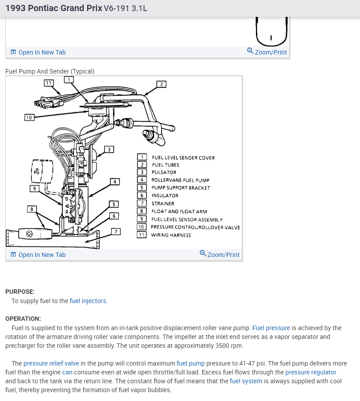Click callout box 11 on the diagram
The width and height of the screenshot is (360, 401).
tap(49, 83)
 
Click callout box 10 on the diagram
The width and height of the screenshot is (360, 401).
tap(29, 117)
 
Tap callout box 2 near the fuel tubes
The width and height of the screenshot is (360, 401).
tap(162, 84)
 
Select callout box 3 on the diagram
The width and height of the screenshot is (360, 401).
tap(109, 149)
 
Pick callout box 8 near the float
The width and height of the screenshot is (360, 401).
tap(31, 209)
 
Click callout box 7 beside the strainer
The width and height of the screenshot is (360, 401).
tap(115, 231)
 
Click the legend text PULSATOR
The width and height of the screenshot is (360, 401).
tap(164, 172)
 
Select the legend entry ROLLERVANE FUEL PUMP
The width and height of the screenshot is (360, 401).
tap(180, 180)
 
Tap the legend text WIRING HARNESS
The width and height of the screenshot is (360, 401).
tap(171, 235)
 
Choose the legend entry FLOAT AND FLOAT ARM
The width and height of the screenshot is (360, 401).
tap(179, 212)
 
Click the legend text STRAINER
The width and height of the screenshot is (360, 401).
tap(163, 204)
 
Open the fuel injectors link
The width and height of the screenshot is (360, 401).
tap(88, 301)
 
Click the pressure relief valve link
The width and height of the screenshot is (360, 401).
tap(51, 363)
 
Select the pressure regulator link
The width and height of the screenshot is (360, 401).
tap(311, 372)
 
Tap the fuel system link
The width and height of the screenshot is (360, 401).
tap(246, 381)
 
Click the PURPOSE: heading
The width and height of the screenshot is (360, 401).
tap(20, 292)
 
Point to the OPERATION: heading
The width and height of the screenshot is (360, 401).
tap(23, 319)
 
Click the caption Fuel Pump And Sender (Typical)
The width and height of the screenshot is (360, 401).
tap(50, 71)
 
